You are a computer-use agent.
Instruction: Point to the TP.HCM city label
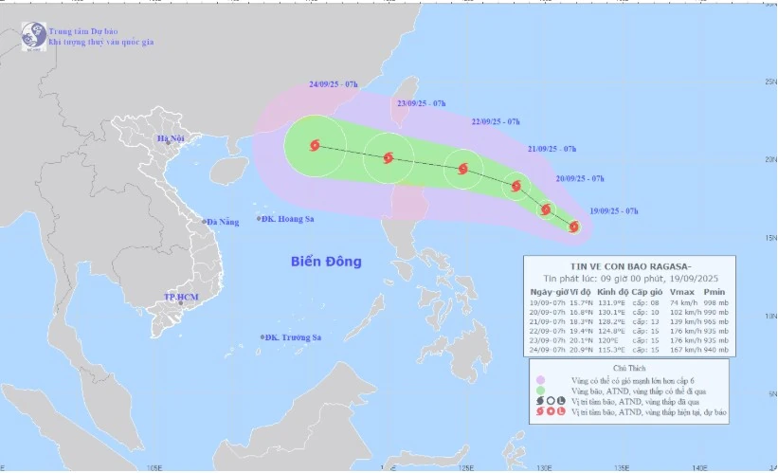[x=177, y=297]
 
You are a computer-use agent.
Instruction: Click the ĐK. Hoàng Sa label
[x=287, y=219]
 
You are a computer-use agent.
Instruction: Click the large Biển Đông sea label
[x=325, y=262]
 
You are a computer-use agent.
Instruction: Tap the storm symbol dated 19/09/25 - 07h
[x=574, y=227]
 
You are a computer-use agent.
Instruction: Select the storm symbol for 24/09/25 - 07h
[x=315, y=146]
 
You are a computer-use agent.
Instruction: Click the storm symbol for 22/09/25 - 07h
[x=462, y=170]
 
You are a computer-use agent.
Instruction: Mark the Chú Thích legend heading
[x=627, y=366]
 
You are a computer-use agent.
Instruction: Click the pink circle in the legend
[x=540, y=379]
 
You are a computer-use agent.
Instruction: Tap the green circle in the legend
[x=540, y=390]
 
